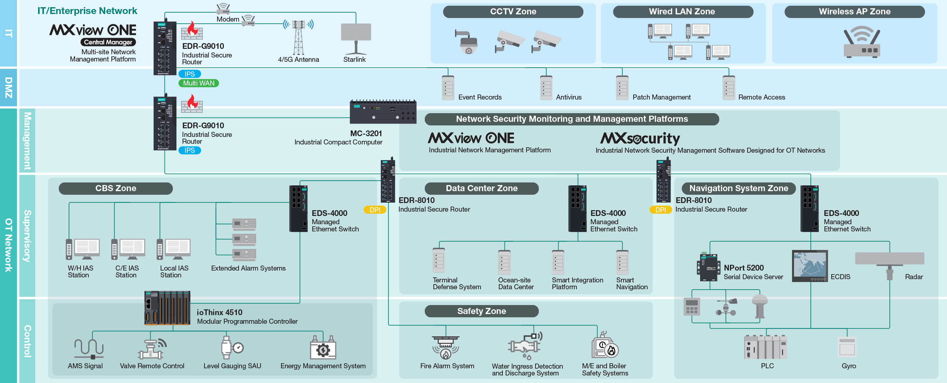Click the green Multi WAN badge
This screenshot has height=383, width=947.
198,83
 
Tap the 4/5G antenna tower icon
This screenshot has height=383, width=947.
298,37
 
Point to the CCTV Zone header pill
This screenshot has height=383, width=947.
513,11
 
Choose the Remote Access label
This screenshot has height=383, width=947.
761,97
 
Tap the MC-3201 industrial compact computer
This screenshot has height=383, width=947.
383,112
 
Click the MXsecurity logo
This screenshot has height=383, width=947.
640,138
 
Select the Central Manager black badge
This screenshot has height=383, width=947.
108,42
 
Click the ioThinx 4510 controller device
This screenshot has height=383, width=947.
167,308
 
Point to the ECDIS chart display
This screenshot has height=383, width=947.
809,266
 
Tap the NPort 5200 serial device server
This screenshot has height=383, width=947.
708,267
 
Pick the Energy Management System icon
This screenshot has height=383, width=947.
323,348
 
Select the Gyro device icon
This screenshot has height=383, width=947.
847,347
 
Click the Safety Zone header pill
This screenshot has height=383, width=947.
481,311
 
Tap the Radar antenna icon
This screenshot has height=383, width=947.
889,263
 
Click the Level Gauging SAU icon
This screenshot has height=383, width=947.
231,347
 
